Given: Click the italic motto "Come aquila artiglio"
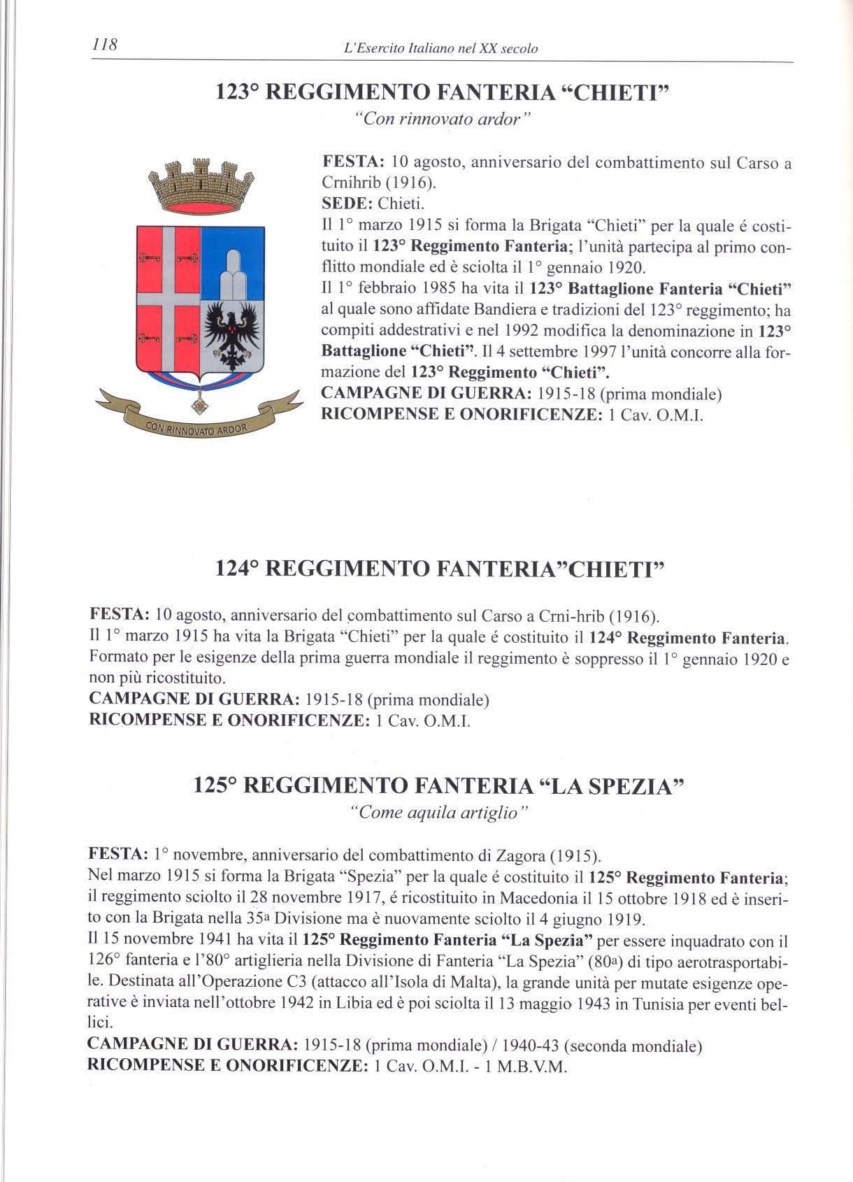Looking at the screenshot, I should (438, 813).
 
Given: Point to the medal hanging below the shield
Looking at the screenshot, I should (200, 404).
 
